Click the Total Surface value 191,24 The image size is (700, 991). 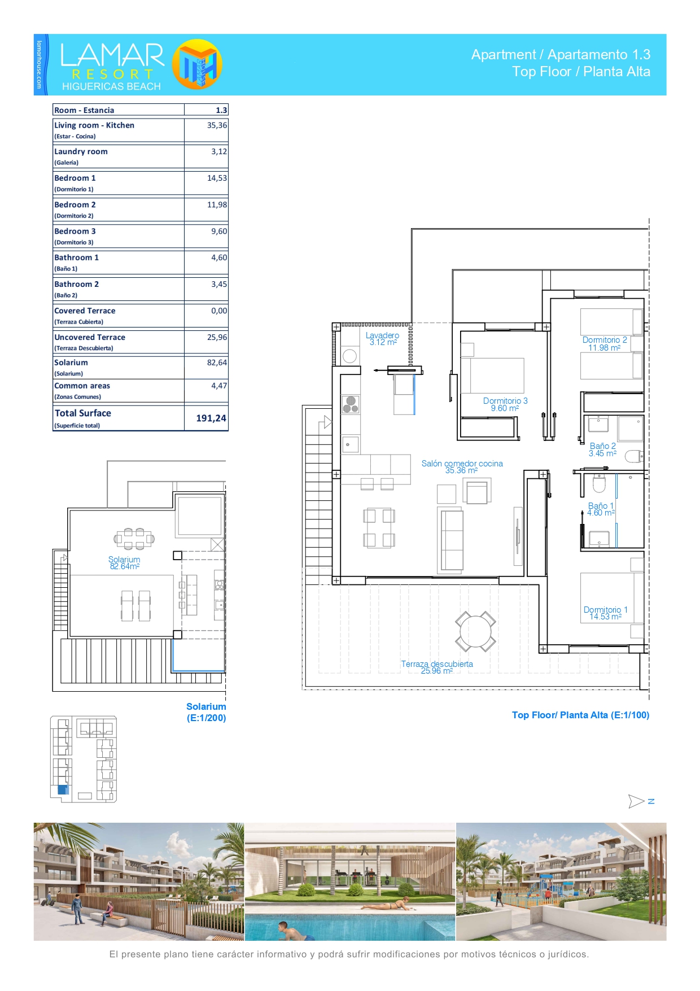pyautogui.click(x=211, y=418)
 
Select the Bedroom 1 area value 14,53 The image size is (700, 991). pyautogui.click(x=217, y=178)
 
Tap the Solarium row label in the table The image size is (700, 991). pyautogui.click(x=71, y=363)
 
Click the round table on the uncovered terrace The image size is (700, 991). pyautogui.click(x=475, y=631)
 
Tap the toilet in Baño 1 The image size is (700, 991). pyautogui.click(x=599, y=483)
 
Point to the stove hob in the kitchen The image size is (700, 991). pyautogui.click(x=351, y=404)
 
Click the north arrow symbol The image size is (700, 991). pyautogui.click(x=636, y=801)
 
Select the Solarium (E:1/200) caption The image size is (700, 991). pyautogui.click(x=206, y=712)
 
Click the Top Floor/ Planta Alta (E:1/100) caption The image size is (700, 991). pyautogui.click(x=580, y=715)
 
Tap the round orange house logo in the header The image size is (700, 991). pyautogui.click(x=197, y=64)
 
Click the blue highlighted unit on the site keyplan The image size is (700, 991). pyautogui.click(x=63, y=790)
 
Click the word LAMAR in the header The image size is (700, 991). pyautogui.click(x=112, y=55)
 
